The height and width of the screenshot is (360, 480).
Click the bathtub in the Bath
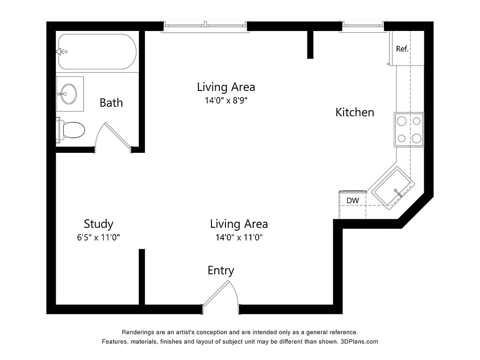click(97, 52)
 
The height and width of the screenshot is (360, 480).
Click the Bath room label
click(111, 103)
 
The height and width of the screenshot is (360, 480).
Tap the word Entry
click(221, 270)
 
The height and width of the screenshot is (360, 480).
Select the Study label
click(98, 224)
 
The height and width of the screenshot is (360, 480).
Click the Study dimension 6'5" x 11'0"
click(98, 237)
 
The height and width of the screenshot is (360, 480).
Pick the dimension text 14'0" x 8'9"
click(226, 100)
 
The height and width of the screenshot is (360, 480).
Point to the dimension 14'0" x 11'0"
click(239, 237)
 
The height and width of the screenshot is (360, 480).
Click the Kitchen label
click(355, 112)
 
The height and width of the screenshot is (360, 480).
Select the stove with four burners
click(409, 129)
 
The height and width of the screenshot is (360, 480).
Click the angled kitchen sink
click(393, 188)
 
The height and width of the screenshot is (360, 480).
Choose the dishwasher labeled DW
click(352, 204)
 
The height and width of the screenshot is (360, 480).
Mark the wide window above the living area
click(205, 27)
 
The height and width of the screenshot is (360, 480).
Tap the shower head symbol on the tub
click(61, 52)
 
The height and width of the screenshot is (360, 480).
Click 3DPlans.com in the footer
click(360, 342)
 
